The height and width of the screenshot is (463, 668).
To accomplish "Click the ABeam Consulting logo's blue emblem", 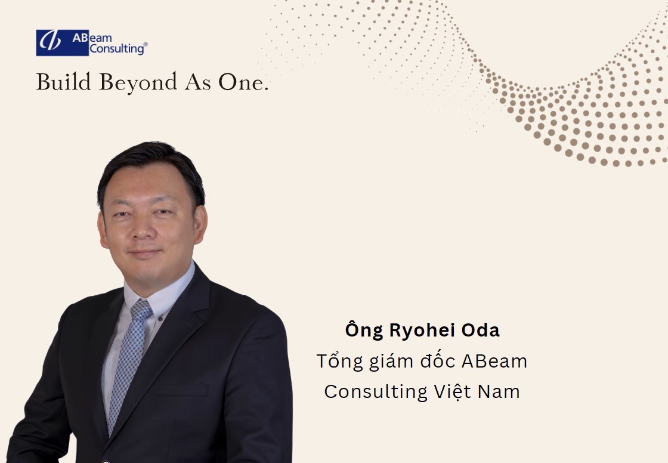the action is [63, 42].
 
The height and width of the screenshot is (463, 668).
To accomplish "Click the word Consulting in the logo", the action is [117, 49].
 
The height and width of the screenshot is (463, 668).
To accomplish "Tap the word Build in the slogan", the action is [63, 81].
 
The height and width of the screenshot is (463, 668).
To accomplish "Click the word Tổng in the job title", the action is [339, 362].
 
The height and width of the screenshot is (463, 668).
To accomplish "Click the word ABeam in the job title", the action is [494, 362].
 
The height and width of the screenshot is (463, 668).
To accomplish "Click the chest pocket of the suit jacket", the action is [181, 389].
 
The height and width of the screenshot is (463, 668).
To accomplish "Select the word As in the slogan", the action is [197, 82].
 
